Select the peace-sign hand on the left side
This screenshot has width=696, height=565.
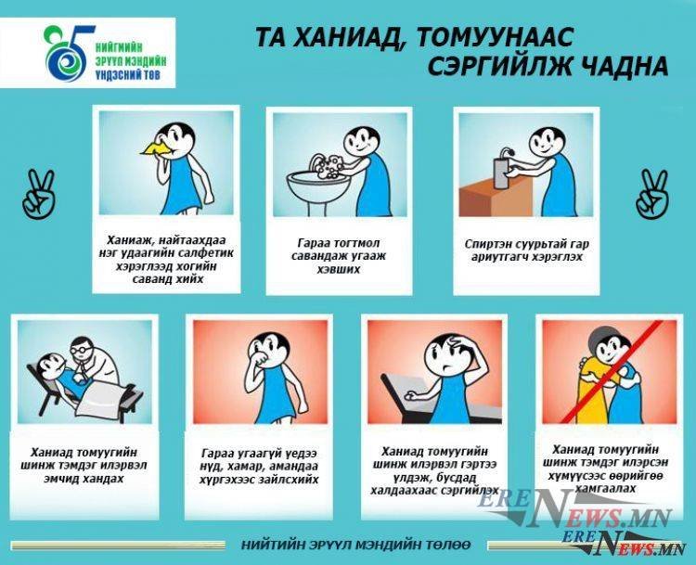[38, 191]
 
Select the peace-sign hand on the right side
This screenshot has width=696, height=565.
[650, 191]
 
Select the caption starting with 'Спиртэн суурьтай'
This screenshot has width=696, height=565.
[524, 250]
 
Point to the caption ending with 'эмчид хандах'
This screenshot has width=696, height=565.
[84, 467]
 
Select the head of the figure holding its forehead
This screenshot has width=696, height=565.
[444, 351]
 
